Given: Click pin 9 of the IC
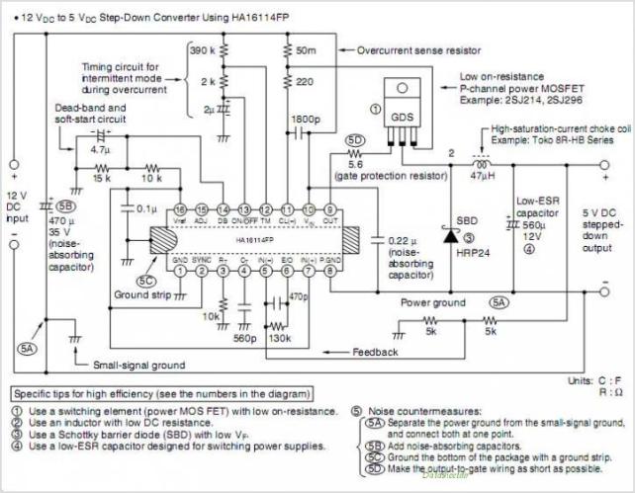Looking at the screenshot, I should coord(330,210).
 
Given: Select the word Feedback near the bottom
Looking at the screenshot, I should coord(377,351).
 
